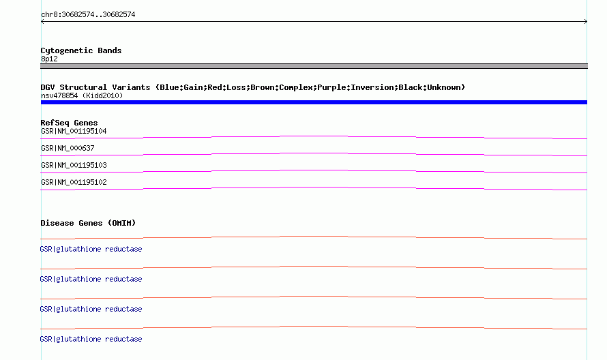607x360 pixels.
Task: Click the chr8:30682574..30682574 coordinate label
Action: click(88, 15)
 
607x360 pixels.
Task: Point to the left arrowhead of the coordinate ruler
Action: click(42, 22)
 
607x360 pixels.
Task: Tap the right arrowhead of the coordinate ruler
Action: click(586, 22)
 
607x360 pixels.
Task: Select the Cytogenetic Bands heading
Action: click(81, 50)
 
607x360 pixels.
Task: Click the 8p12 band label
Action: click(49, 59)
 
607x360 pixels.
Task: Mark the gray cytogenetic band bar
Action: click(314, 66)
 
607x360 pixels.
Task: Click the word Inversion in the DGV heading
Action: click(373, 87)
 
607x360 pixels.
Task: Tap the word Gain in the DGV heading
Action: click(193, 87)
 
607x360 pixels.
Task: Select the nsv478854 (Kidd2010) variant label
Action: click(82, 95)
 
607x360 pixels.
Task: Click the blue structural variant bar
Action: click(314, 102)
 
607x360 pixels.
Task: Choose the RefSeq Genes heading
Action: click(69, 123)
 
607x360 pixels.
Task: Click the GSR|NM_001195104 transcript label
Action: click(74, 131)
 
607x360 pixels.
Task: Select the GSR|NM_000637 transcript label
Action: click(68, 148)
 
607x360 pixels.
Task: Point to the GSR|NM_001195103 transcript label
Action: click(74, 165)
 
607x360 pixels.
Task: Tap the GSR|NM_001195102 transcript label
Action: click(74, 182)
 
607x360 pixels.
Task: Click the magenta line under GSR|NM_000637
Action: click(314, 153)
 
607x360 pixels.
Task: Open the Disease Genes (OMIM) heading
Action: click(88, 223)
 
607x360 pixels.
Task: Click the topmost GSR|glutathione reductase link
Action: click(91, 249)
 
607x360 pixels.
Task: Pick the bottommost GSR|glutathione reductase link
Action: click(91, 339)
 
